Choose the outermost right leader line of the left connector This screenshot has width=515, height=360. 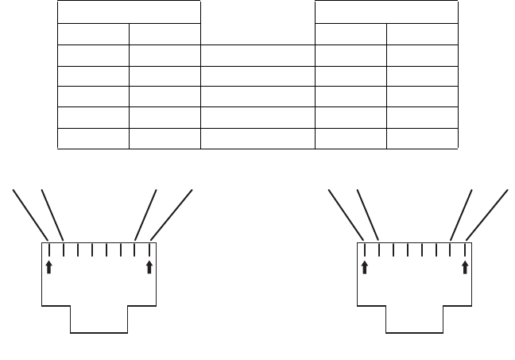click(172, 214)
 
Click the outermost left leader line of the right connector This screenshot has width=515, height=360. click(346, 213)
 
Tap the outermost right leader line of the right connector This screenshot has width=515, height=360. click(488, 214)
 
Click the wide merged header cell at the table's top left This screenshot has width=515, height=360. click(129, 12)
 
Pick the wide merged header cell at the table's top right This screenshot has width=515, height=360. click(386, 12)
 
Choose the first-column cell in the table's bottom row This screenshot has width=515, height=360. click(93, 137)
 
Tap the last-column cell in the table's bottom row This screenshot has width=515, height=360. click(423, 137)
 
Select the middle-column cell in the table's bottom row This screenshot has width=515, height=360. click(257, 137)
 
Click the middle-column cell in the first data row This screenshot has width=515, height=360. click(257, 54)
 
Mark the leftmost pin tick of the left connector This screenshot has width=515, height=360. click(49, 249)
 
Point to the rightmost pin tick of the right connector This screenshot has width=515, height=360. click(465, 249)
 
